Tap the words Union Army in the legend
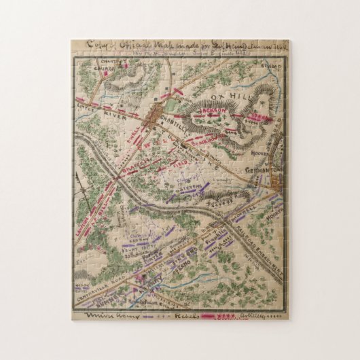[x=102, y=316]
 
